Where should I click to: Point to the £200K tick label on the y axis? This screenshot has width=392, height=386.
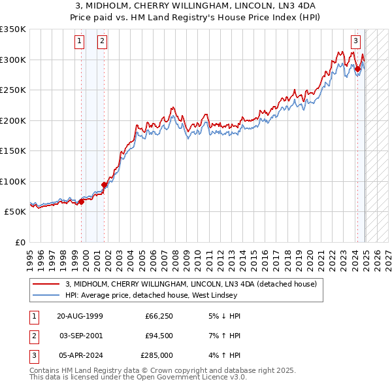(14, 120)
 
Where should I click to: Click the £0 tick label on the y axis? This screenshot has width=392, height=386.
(20, 242)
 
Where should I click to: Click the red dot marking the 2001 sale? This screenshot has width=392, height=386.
(105, 184)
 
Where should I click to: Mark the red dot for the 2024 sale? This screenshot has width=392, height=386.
(358, 68)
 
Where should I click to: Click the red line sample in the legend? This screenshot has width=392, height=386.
(46, 284)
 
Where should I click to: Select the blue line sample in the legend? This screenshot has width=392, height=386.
(46, 295)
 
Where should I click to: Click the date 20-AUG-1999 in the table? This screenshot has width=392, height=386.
(80, 316)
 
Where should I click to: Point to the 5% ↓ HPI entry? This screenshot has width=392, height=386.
(223, 316)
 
